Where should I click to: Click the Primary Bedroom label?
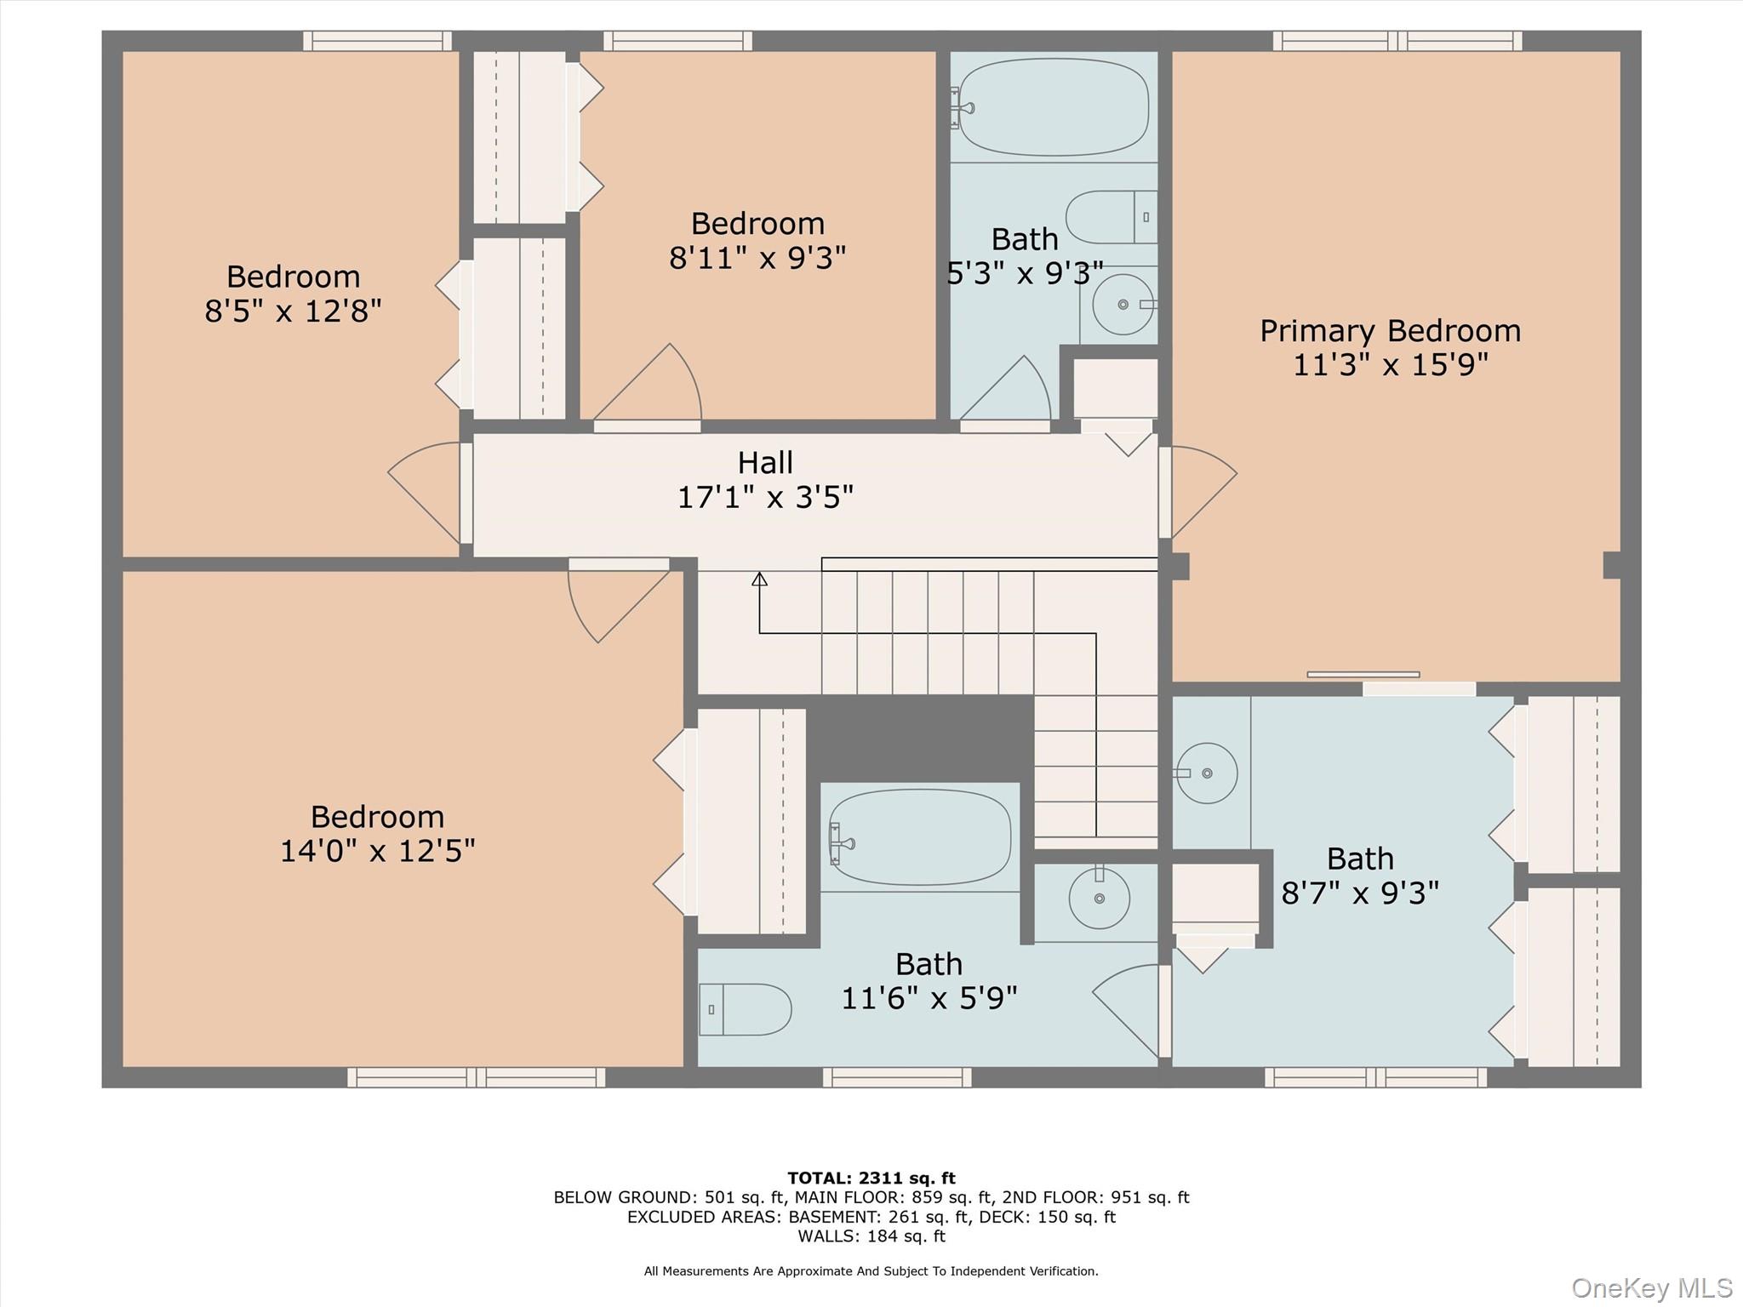1390,331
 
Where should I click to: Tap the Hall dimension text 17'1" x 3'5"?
765,497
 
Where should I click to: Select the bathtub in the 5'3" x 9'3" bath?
1054,107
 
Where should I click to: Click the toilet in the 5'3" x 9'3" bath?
1111,217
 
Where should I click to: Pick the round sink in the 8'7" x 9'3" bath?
1206,773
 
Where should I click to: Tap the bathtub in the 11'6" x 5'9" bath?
920,837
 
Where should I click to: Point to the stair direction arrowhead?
759,579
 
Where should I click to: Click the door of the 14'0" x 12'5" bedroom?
613,600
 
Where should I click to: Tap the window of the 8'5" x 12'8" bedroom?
377,40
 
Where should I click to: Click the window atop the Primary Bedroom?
1397,40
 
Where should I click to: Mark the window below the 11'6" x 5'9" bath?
897,1077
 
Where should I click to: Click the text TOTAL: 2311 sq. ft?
871,1179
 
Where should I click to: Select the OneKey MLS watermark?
1651,1287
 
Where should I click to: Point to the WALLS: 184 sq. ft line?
871,1236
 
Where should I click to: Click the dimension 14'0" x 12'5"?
377,850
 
